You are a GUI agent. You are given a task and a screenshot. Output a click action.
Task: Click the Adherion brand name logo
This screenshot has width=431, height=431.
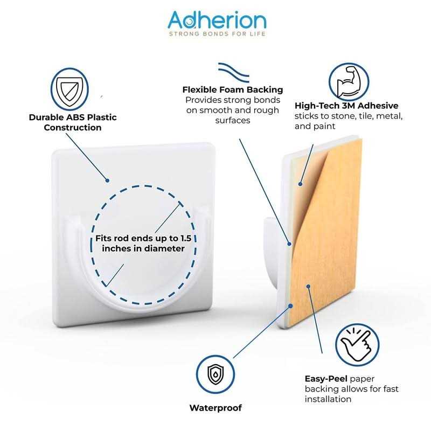[x=217, y=20]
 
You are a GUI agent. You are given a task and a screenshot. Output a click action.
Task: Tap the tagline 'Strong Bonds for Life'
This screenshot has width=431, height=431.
[x=217, y=34]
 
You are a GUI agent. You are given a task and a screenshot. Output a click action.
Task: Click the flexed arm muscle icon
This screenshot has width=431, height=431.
[x=349, y=82]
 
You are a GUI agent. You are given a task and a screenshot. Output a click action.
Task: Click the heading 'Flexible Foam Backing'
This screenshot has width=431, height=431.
[x=232, y=89]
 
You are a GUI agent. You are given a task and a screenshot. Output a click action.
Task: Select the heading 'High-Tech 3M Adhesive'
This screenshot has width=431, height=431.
[x=346, y=106]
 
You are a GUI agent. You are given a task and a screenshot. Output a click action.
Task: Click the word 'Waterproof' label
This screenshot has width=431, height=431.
[x=215, y=408]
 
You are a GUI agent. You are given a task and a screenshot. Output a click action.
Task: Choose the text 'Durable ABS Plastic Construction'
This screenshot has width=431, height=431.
[x=73, y=122]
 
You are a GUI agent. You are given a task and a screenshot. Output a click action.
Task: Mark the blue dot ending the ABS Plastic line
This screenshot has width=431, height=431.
[x=108, y=181]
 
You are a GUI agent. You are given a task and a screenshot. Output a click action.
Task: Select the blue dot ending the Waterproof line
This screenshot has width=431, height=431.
[x=290, y=305]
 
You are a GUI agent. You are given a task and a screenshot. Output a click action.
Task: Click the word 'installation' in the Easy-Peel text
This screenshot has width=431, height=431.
[x=328, y=399]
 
